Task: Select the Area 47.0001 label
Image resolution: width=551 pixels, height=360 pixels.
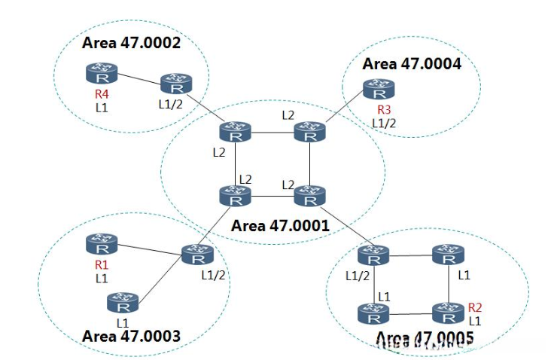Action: coord(279,225)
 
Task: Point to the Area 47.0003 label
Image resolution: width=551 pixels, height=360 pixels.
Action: coord(131,336)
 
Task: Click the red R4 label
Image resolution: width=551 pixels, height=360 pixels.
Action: coord(102,95)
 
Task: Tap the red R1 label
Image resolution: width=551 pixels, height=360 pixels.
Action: coord(102,265)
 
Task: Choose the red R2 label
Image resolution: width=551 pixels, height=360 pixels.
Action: coord(475,307)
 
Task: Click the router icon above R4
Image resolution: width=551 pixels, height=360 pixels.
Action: coord(101,74)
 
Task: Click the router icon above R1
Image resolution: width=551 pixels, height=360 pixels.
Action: coord(101,244)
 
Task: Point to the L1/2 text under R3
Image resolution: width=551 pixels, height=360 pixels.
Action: coord(383,123)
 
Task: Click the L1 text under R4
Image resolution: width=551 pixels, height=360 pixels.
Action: coord(102,107)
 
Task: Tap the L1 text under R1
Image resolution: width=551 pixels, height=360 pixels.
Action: coord(102,278)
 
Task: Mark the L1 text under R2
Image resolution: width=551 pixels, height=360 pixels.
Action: coord(475,320)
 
